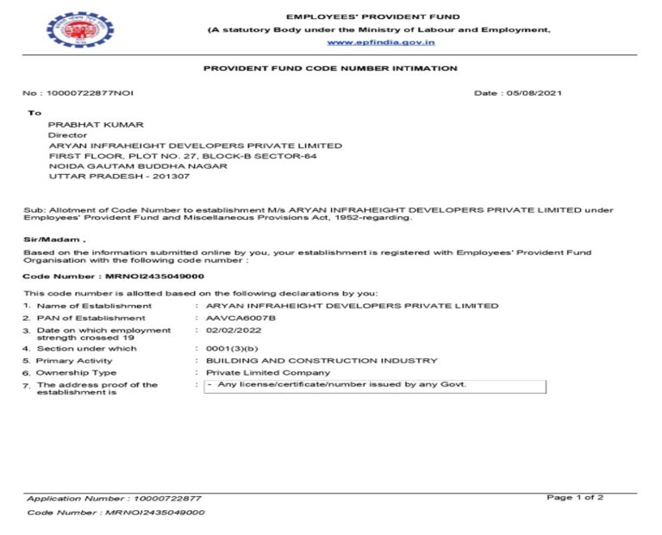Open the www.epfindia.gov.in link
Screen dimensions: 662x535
coord(380,41)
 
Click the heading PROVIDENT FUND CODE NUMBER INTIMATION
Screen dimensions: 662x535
coord(330,68)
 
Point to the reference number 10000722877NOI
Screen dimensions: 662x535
coord(91,93)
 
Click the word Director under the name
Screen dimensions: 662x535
coord(67,135)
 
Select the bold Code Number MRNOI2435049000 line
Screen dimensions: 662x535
coord(113,277)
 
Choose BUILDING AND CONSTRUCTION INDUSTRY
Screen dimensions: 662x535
coord(315,360)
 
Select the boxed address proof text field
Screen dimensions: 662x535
coord(375,385)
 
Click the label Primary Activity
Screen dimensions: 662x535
coord(75,360)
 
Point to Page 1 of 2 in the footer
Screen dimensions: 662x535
coord(575,497)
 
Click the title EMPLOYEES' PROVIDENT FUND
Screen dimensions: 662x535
coord(372,16)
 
